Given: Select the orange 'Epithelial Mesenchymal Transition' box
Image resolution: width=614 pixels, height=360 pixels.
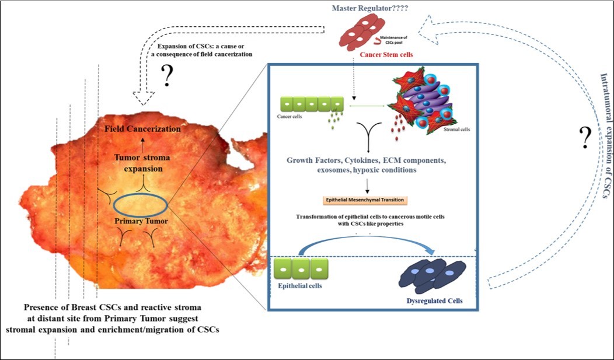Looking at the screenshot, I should [367, 199].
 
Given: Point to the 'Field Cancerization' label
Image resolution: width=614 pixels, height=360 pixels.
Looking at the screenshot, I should [142, 129].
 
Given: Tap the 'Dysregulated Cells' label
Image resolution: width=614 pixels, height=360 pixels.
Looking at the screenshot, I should [435, 301].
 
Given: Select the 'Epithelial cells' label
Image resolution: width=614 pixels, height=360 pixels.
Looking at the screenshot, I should [300, 286].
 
